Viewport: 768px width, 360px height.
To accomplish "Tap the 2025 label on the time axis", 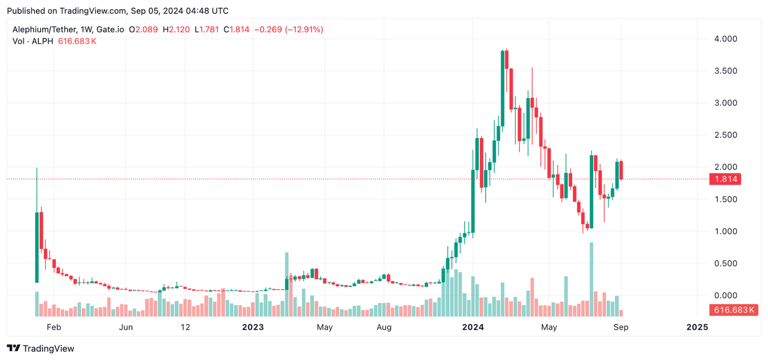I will tap(697, 327).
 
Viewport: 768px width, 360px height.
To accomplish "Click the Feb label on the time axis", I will tap(54, 327).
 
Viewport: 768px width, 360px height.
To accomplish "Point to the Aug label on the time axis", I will tap(383, 327).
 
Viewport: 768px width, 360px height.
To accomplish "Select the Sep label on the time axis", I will tap(621, 327).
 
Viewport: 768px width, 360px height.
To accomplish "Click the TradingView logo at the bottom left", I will tap(41, 349).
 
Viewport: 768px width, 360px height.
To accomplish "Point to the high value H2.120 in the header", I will tap(176, 29).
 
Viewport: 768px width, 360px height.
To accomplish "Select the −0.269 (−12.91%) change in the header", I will tap(288, 29).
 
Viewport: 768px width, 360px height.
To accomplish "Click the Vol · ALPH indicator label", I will tap(33, 41).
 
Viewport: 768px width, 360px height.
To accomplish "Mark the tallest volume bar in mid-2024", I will tap(591, 279).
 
